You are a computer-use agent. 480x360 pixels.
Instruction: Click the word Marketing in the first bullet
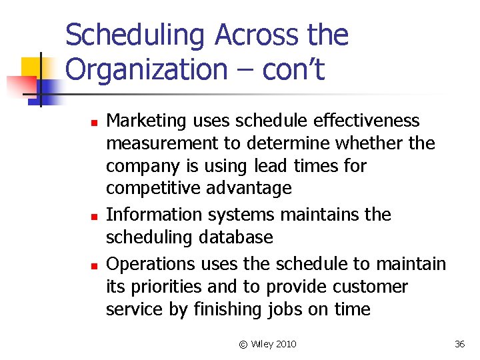147,121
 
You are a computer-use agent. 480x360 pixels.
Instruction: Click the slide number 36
459,344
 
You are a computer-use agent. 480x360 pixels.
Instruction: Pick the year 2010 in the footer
285,344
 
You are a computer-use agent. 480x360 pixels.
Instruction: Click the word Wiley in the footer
261,344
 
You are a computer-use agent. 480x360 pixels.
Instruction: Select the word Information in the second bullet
149,215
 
